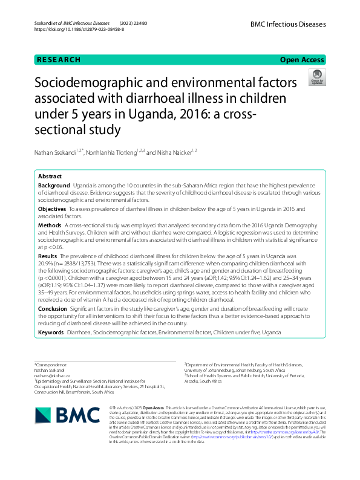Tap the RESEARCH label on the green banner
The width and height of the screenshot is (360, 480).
pyautogui.click(x=59, y=60)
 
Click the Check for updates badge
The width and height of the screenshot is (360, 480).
pyautogui.click(x=316, y=77)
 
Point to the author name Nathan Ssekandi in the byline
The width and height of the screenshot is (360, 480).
pyautogui.click(x=58, y=152)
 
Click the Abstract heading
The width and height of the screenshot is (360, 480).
pyautogui.click(x=50, y=177)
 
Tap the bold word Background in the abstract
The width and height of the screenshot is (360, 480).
pyautogui.click(x=53, y=184)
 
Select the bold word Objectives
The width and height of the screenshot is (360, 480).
pyautogui.click(x=52, y=209)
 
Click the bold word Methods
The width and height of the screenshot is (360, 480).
pyautogui.click(x=49, y=225)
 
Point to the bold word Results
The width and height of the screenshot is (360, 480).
pyautogui.click(x=48, y=256)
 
